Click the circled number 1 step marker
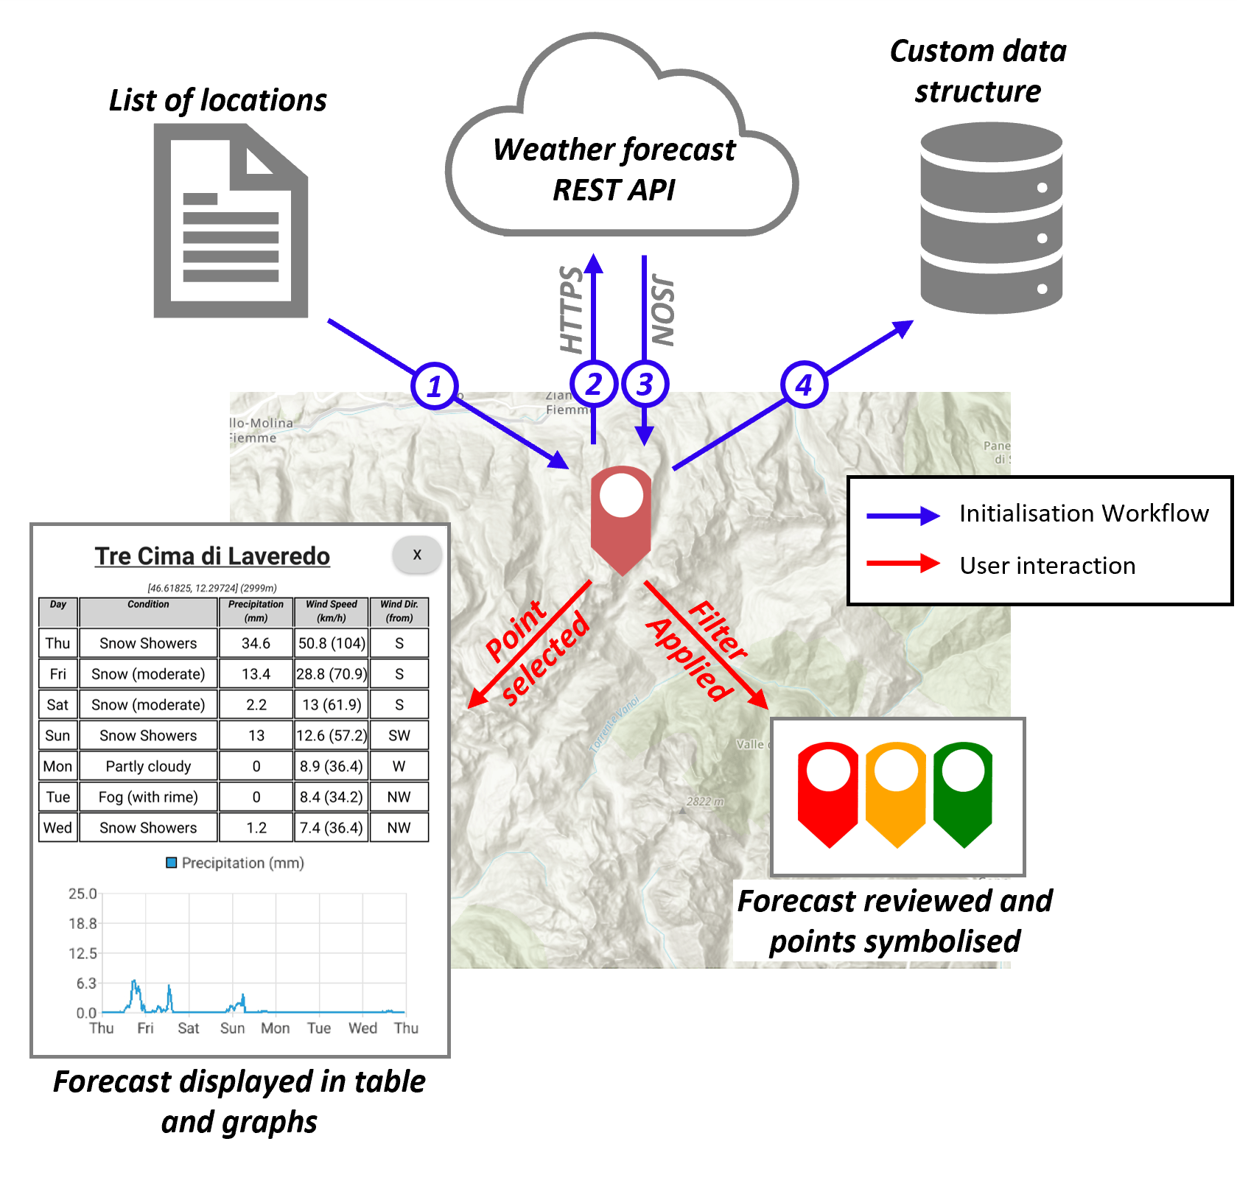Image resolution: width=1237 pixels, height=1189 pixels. coord(435,386)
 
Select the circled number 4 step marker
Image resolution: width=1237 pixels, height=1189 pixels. coord(804,385)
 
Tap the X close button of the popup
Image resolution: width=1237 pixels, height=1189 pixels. coord(417,555)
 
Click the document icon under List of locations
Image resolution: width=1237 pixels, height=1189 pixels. coord(231,220)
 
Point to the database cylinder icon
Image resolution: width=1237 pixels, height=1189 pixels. coord(991,218)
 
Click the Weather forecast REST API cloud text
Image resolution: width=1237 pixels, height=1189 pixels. coord(614,169)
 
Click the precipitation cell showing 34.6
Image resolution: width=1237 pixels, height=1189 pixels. coord(256,643)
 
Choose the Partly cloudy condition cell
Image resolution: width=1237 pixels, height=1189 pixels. coord(148,766)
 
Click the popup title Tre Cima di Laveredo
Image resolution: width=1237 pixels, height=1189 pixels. coord(212,556)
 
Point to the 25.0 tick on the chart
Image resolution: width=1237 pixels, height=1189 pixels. coord(83,894)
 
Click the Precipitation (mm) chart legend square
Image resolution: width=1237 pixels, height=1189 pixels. coord(172,863)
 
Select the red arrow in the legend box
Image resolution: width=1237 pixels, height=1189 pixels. coord(903,565)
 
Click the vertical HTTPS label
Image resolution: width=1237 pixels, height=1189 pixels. coord(572,309)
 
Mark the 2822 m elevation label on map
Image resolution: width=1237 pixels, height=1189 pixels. coord(705,802)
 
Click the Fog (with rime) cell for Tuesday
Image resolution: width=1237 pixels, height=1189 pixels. coord(148,797)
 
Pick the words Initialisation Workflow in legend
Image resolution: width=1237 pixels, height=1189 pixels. coord(1084,513)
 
